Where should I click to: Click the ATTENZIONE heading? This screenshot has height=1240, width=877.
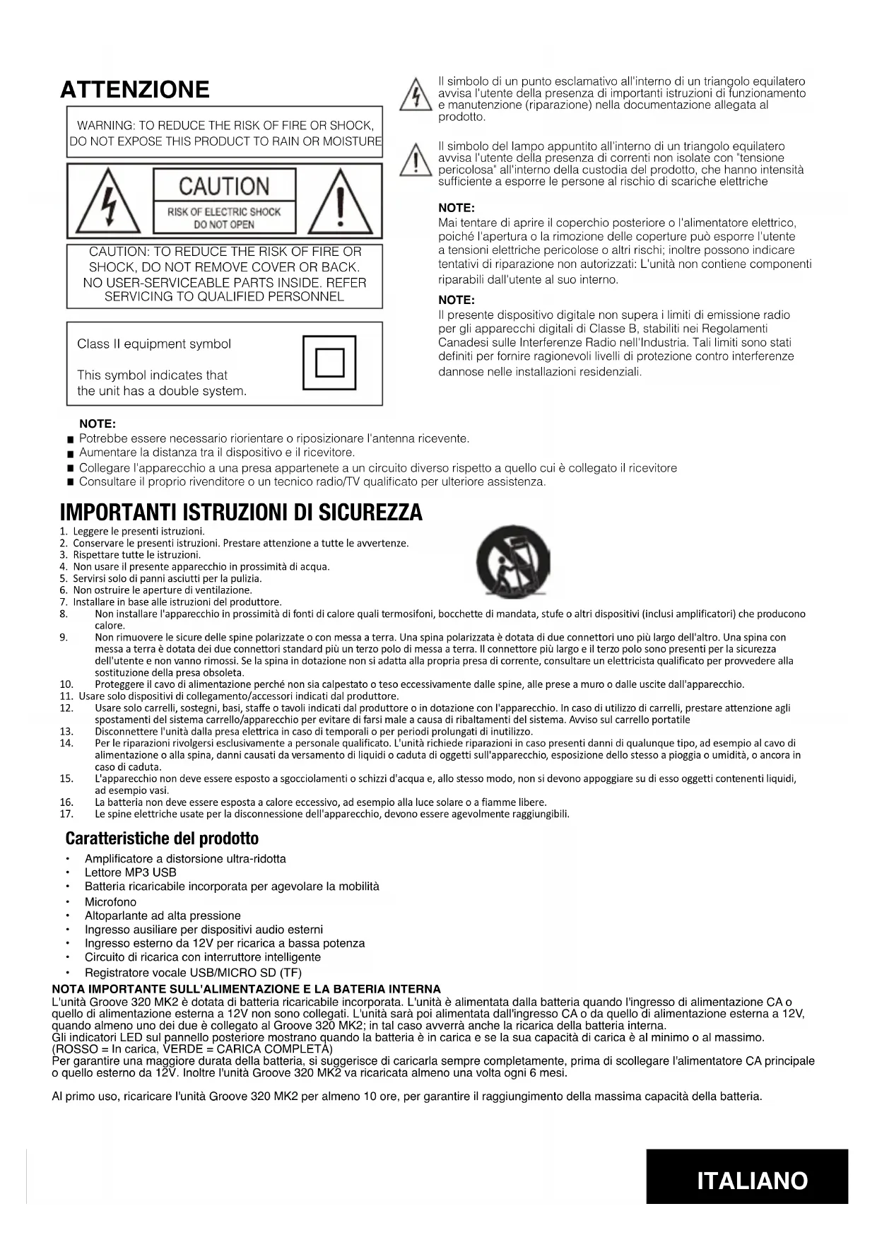[135, 90]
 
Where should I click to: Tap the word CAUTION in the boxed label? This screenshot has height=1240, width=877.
[224, 187]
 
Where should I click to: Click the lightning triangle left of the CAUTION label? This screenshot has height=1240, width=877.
[107, 201]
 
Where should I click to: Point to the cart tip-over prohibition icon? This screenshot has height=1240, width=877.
[513, 563]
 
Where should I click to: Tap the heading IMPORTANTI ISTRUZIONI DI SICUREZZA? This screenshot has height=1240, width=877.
[241, 513]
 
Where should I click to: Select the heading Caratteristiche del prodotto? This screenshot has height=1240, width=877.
[162, 839]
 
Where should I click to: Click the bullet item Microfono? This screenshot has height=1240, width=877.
[110, 902]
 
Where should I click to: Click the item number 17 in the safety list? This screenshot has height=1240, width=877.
[66, 814]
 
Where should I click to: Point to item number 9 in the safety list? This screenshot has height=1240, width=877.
[64, 637]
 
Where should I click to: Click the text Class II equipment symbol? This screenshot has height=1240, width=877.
[154, 344]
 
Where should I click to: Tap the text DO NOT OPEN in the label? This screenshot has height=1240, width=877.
[224, 225]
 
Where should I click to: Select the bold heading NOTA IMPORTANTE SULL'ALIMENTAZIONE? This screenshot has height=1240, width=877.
[246, 989]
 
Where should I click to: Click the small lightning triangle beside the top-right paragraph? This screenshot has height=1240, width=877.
[416, 95]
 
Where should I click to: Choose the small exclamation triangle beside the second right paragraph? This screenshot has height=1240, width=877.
[416, 161]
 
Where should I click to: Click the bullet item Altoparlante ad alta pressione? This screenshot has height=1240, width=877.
[163, 916]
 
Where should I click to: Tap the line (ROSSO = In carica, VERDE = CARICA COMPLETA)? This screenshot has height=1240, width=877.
[192, 1049]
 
